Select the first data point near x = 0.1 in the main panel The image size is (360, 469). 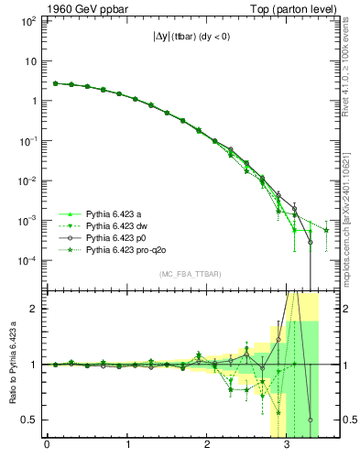[x=55, y=83]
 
